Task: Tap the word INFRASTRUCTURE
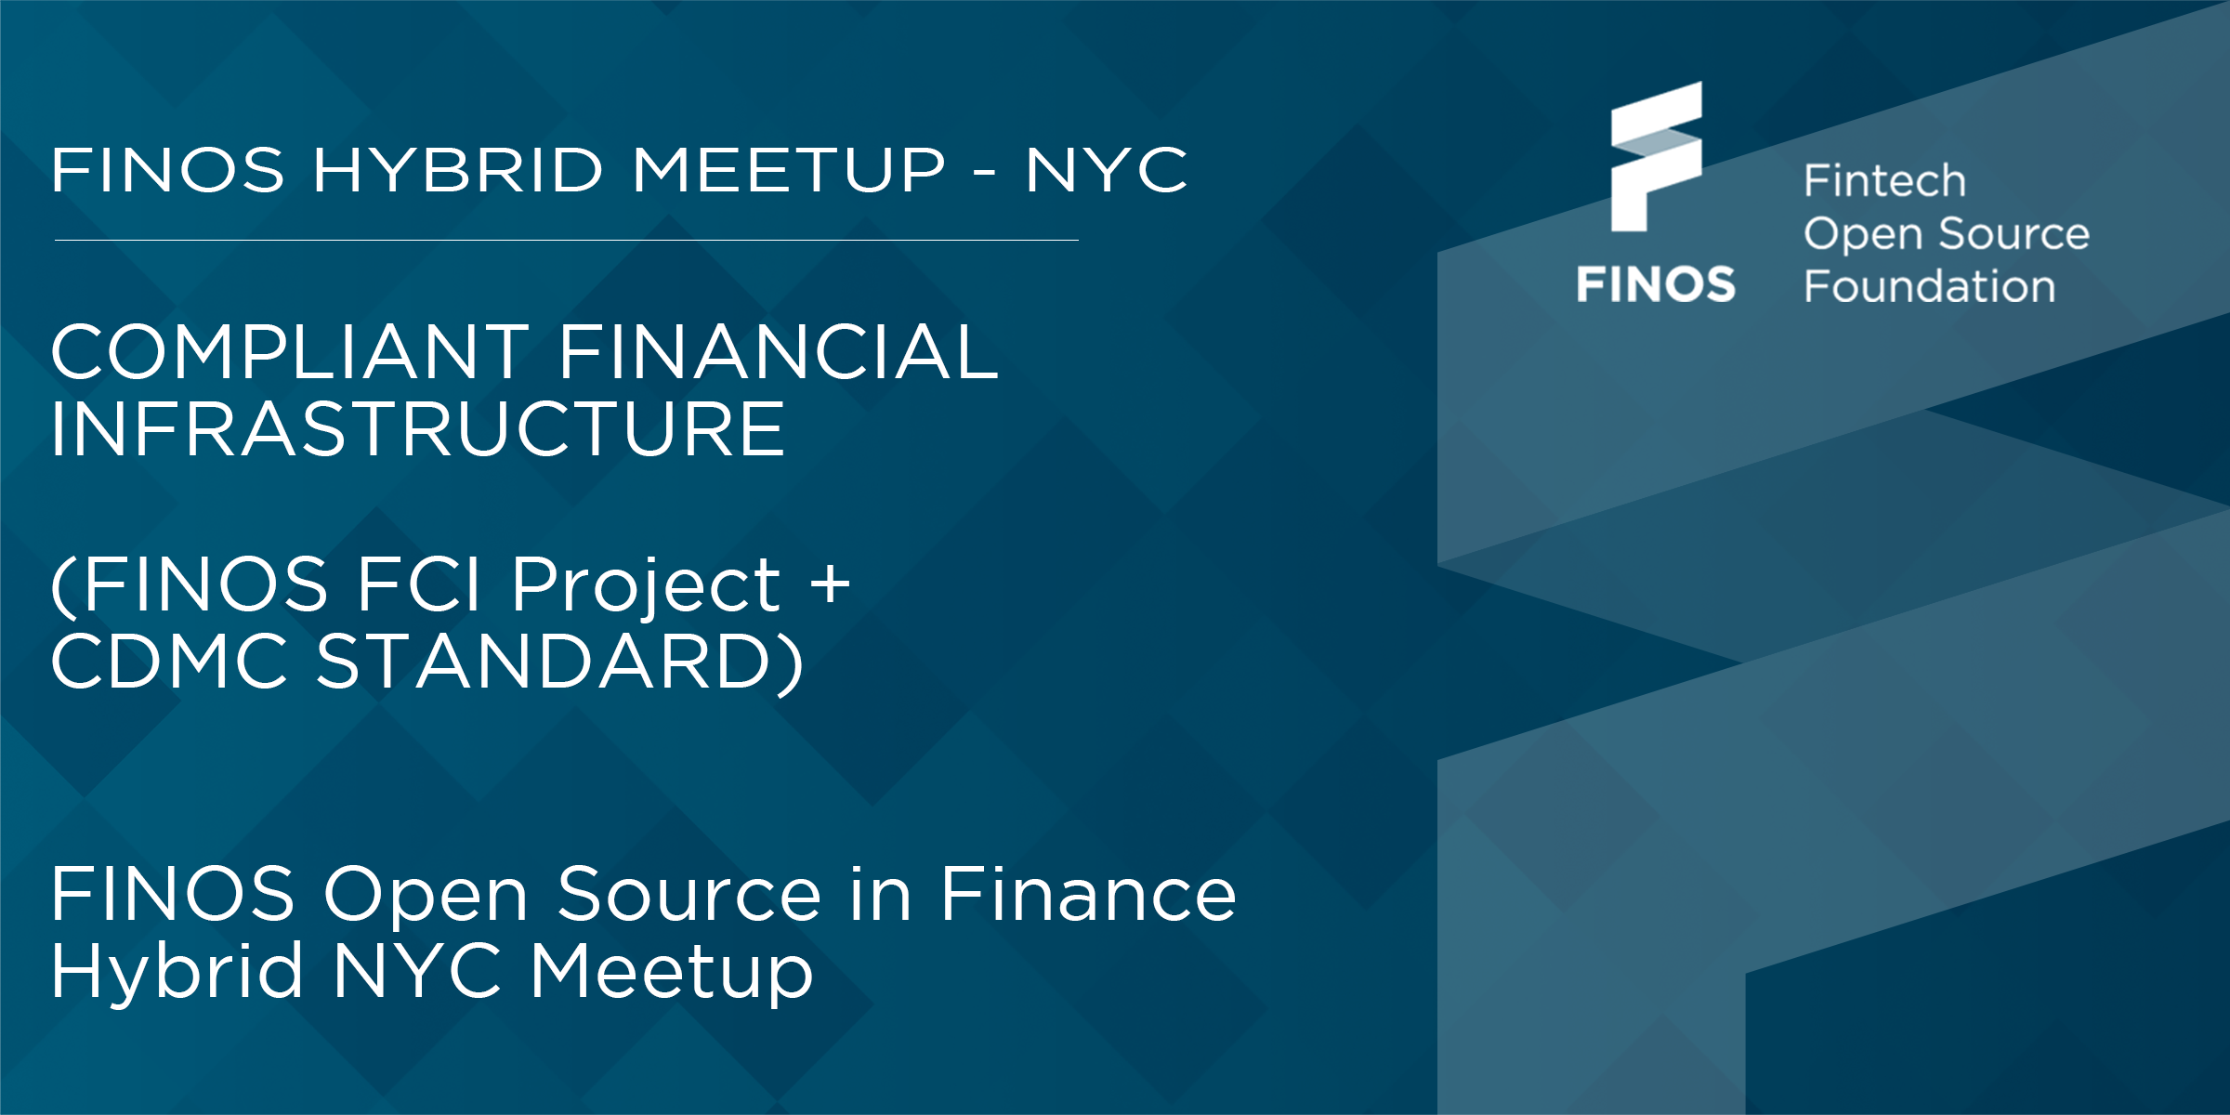coord(418,428)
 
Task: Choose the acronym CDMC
coord(169,662)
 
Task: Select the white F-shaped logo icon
coord(1657,156)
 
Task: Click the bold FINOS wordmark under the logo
coord(1656,283)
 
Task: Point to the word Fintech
coord(1884,180)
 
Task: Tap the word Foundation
coord(1929,286)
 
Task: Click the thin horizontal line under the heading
coord(567,241)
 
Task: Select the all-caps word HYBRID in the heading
coord(458,170)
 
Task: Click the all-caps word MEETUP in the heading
coord(788,170)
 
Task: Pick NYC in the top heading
coord(1106,170)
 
